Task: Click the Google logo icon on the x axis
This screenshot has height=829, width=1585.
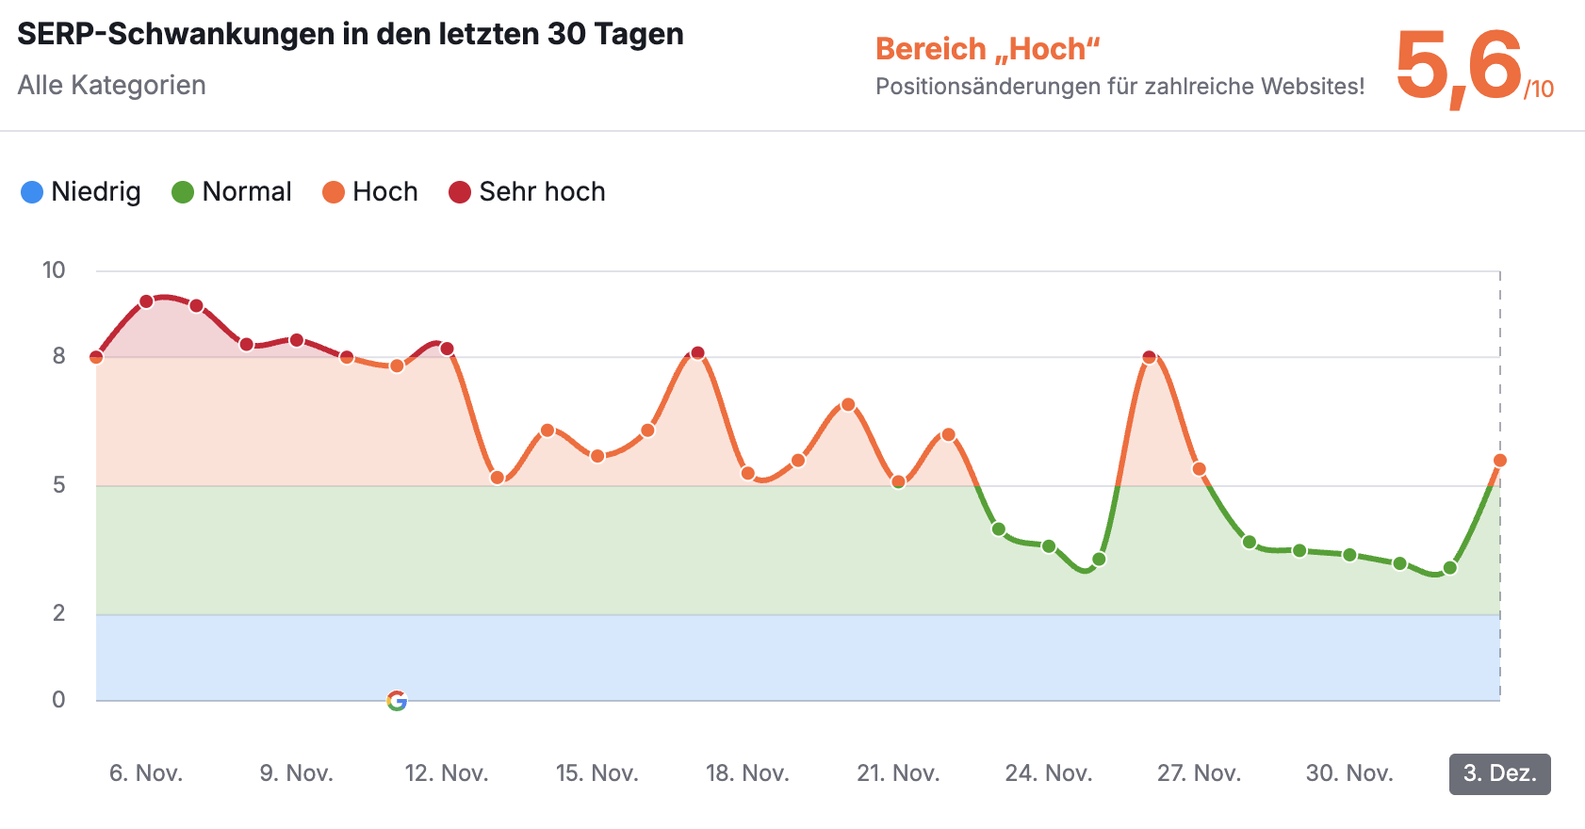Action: [x=397, y=701]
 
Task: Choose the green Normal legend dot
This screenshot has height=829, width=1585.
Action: [x=183, y=192]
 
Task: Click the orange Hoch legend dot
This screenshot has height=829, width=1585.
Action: [x=334, y=192]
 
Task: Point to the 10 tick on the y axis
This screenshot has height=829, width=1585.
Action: [x=54, y=270]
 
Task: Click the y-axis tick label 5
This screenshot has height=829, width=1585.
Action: [x=58, y=485]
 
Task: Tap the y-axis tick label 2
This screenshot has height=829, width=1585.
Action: [x=58, y=613]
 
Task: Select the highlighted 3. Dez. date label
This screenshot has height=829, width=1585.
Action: [x=1499, y=774]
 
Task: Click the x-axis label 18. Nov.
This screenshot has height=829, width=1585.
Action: [x=747, y=774]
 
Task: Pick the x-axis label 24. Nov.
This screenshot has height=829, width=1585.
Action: [x=1048, y=774]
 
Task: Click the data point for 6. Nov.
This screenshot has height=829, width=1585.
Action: [x=146, y=302]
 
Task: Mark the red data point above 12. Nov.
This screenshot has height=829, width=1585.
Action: [x=447, y=349]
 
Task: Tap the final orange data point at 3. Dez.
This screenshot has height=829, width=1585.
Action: [x=1500, y=461]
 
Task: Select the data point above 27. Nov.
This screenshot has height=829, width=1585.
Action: [x=1199, y=469]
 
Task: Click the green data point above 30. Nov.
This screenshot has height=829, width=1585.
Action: [x=1349, y=555]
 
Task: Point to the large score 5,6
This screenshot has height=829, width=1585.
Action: [x=1458, y=66]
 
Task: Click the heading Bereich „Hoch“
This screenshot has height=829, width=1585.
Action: [x=988, y=49]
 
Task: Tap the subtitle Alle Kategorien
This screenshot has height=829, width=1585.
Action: [x=111, y=86]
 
